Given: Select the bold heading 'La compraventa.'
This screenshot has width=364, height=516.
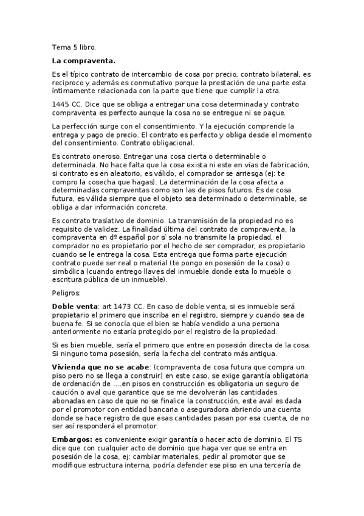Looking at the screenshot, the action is [x=84, y=60].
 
